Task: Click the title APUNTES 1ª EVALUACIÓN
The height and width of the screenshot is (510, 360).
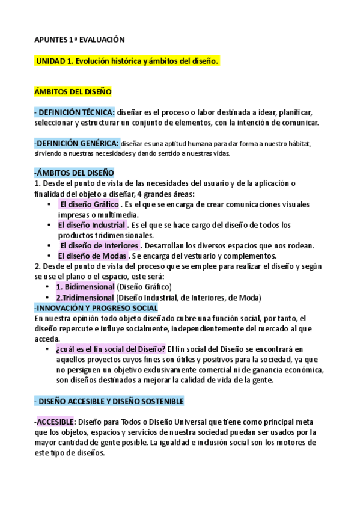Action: tap(79, 40)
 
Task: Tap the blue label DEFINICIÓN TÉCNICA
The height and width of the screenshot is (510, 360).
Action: tap(76, 112)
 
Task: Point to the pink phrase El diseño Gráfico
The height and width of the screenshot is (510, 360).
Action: tap(93, 205)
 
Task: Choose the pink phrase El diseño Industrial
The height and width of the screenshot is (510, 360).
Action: tap(91, 225)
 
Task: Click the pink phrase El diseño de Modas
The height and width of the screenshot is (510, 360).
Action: tap(93, 256)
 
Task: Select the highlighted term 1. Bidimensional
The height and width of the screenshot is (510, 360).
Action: tap(85, 287)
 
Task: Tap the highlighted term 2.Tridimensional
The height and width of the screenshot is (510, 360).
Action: tap(85, 297)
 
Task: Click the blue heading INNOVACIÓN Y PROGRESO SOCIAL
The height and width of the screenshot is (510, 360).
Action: tap(96, 307)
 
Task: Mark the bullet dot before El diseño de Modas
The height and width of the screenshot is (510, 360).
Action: tap(49, 256)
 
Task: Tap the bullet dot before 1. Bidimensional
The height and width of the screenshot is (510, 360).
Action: tap(49, 287)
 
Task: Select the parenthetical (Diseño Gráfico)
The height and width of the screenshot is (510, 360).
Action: tap(144, 287)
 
